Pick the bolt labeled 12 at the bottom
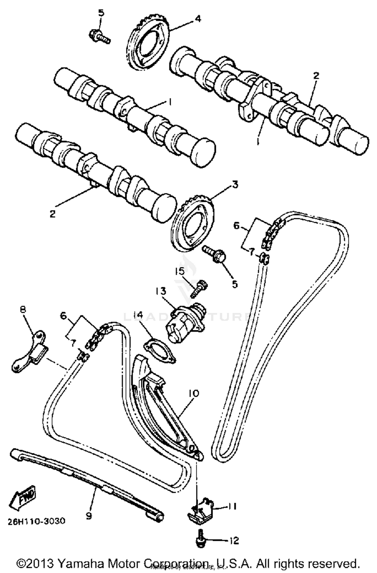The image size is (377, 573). [x=201, y=540]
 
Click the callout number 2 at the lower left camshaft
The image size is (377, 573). [x=52, y=214]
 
